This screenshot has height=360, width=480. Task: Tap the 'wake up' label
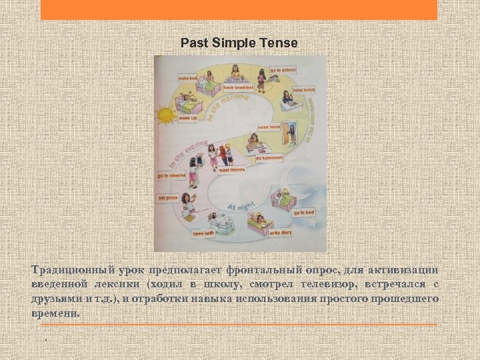(x=187, y=119)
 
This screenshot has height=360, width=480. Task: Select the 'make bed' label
(x=188, y=77)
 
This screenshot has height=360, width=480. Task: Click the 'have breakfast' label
(x=238, y=87)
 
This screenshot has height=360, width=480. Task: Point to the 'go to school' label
(x=283, y=70)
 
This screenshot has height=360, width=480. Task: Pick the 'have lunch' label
(x=303, y=89)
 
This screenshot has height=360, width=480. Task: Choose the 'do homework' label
(x=287, y=157)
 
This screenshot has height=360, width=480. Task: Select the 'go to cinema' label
(x=171, y=176)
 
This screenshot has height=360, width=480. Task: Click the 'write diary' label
(x=281, y=233)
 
